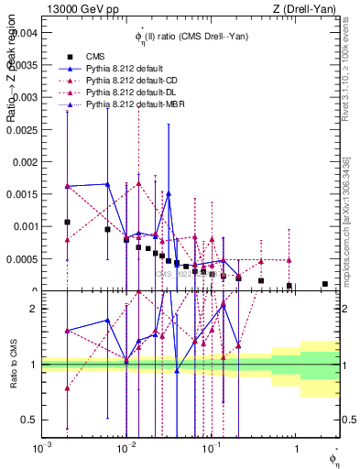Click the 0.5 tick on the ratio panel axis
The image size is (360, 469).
28,420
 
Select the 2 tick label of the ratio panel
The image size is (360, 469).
32,309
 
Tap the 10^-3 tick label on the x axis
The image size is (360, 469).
41,449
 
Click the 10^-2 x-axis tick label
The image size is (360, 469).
126,449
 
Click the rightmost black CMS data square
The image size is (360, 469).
325,284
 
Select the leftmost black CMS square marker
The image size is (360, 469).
67,222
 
